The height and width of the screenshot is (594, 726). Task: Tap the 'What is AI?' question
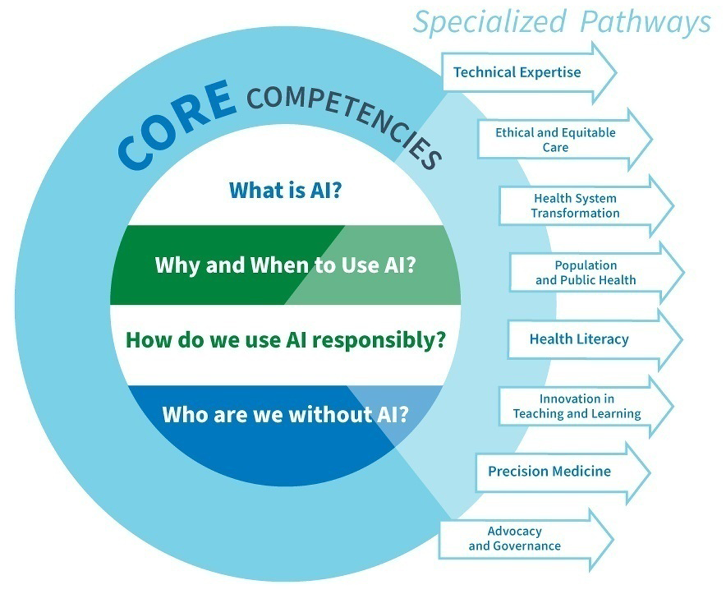tap(286, 190)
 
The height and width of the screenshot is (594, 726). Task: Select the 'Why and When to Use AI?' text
tap(286, 265)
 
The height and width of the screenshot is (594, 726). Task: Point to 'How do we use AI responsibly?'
tap(286, 340)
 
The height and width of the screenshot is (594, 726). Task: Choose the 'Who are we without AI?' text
tap(286, 414)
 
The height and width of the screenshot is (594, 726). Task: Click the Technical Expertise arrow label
tap(517, 72)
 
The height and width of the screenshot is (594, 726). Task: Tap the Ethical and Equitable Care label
tap(555, 140)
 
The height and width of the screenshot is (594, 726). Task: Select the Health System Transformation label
tap(575, 206)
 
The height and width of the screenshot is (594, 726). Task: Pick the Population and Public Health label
tap(586, 272)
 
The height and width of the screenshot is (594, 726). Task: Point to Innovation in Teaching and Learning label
tap(577, 406)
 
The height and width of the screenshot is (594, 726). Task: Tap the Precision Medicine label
tap(549, 471)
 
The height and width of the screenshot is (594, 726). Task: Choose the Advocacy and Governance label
tap(515, 538)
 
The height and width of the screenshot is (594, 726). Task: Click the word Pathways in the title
tap(646, 21)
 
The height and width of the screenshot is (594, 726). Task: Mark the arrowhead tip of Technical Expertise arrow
tap(616, 73)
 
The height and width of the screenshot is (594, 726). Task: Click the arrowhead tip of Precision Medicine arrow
tap(650, 472)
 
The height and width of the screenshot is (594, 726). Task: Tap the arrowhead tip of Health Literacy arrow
tap(682, 340)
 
